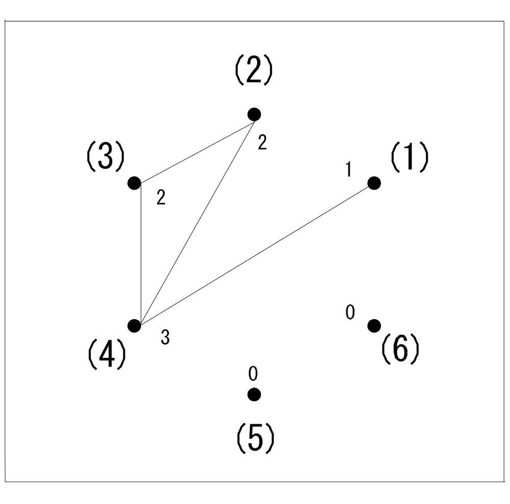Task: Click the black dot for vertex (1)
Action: click(x=374, y=183)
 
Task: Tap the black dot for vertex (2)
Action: click(x=254, y=114)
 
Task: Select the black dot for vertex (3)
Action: click(x=134, y=183)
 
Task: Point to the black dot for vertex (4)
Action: click(x=134, y=325)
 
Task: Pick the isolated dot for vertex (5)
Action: click(x=254, y=394)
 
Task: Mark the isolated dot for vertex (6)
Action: click(x=374, y=325)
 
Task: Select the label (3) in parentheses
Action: click(x=104, y=158)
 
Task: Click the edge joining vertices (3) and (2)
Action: click(x=194, y=149)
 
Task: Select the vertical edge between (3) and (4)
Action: click(x=140, y=254)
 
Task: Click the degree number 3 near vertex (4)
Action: click(x=165, y=338)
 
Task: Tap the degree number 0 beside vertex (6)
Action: click(x=349, y=312)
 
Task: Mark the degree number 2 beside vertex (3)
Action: click(x=161, y=198)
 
